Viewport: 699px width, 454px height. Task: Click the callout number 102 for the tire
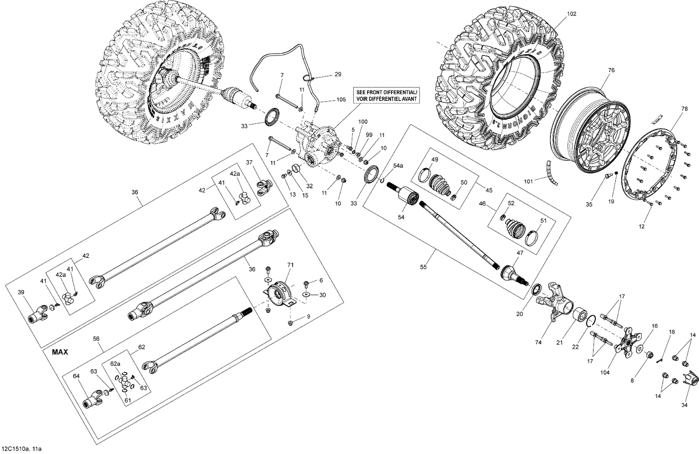tap(571, 14)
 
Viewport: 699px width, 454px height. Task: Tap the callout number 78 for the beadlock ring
tap(684, 109)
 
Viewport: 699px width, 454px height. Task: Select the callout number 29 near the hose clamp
tap(338, 75)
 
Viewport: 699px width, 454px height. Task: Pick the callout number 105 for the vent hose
tap(341, 100)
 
